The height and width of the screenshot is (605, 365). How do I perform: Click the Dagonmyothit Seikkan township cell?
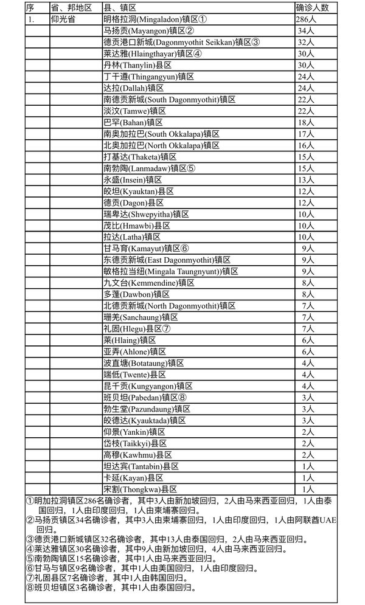pyautogui.click(x=181, y=43)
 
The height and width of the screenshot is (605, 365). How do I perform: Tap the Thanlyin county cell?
pyautogui.click(x=138, y=66)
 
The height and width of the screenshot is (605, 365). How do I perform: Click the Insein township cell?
pyautogui.click(x=136, y=180)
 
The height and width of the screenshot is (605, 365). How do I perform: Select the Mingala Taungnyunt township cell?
pyautogui.click(x=171, y=271)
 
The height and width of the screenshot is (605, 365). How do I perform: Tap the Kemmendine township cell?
pyautogui.click(x=149, y=283)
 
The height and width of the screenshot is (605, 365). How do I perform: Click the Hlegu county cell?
pyautogui.click(x=140, y=328)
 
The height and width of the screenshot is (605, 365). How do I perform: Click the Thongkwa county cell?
pyautogui.click(x=140, y=489)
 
